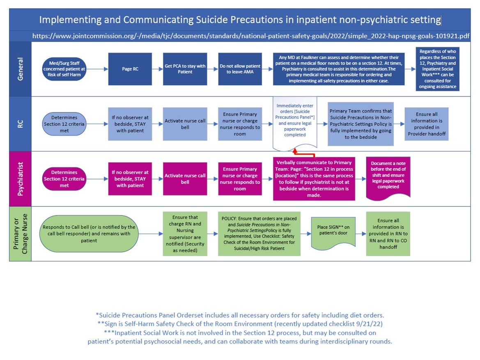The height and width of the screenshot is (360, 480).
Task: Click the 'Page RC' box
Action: pyautogui.click(x=130, y=69)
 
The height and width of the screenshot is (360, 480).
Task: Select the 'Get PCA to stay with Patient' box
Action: pyautogui.click(x=185, y=69)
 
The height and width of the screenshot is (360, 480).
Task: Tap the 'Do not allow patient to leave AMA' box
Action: pyautogui.click(x=240, y=69)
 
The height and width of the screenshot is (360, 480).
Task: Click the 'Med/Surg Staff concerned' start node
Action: pyautogui.click(x=64, y=69)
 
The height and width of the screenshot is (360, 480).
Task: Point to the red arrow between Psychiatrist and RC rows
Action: pyautogui.click(x=304, y=154)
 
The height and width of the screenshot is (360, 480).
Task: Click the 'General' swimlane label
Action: pyautogui.click(x=20, y=69)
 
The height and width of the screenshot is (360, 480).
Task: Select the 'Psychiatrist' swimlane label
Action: pyautogui.click(x=20, y=179)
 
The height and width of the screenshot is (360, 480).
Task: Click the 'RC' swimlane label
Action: pyautogui.click(x=20, y=124)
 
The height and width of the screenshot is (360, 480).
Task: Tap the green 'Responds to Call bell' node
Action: pyautogui.click(x=88, y=234)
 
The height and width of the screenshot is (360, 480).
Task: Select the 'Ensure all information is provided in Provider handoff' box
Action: pyautogui.click(x=427, y=124)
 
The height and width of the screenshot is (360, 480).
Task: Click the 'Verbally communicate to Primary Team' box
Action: pyautogui.click(x=314, y=179)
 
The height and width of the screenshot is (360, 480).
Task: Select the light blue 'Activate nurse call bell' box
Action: pyautogui.click(x=185, y=124)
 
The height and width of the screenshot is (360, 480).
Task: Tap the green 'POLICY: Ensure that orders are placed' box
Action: pyautogui.click(x=259, y=234)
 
